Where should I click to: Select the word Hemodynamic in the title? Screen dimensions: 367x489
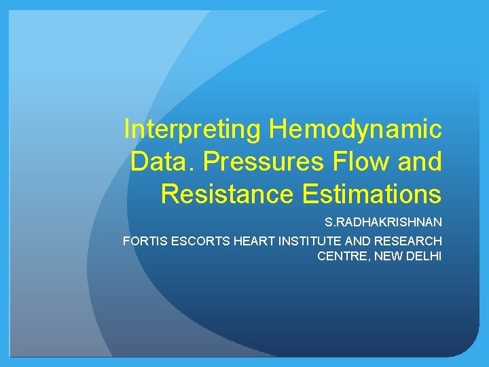click(x=355, y=128)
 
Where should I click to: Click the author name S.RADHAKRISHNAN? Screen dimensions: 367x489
click(x=384, y=222)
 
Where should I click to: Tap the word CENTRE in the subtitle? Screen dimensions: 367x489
click(x=340, y=256)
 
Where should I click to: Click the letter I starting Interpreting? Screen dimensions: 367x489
click(x=127, y=128)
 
